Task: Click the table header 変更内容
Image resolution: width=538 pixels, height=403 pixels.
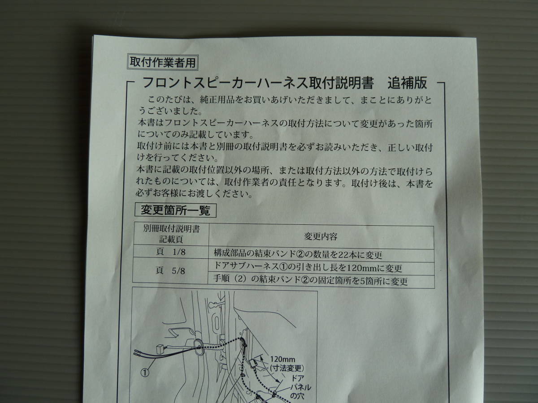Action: coord(321,236)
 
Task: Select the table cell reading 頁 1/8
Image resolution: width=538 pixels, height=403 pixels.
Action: coord(172,253)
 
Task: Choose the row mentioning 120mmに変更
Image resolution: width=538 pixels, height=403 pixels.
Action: coord(308,268)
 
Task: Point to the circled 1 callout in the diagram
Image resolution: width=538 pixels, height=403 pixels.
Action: coord(145,371)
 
